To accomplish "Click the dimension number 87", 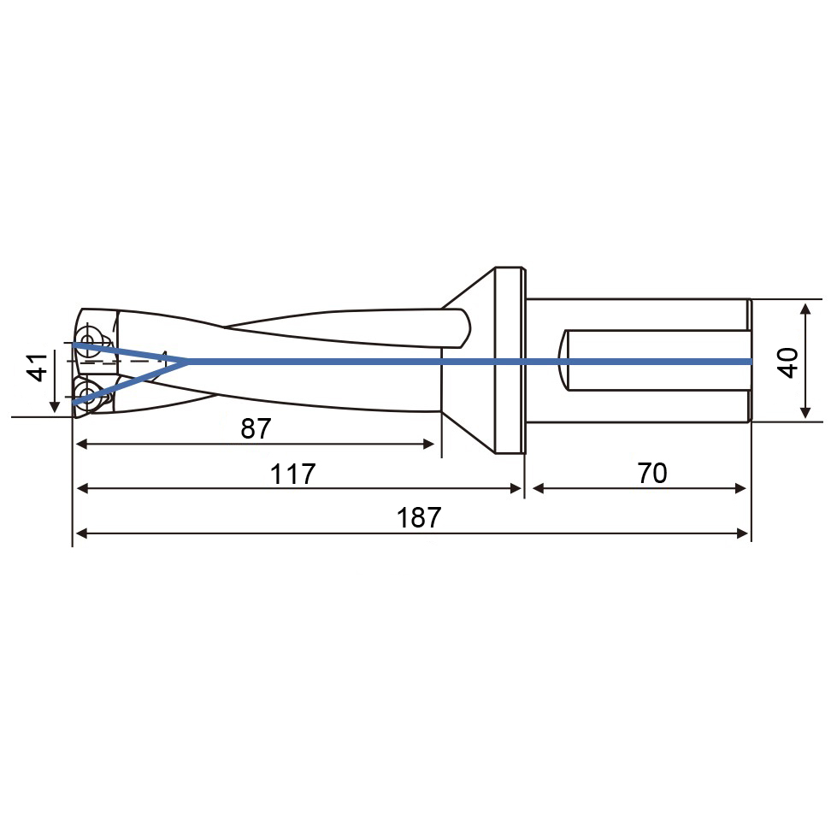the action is [x=256, y=428].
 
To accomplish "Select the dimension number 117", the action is [x=292, y=474].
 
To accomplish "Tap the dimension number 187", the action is [x=419, y=518].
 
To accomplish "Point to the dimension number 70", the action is [x=652, y=473].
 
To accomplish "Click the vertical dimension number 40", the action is [x=789, y=363].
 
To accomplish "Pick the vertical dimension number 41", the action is [x=38, y=367].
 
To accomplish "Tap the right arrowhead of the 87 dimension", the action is [x=428, y=444].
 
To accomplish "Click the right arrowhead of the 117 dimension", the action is [x=516, y=488].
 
